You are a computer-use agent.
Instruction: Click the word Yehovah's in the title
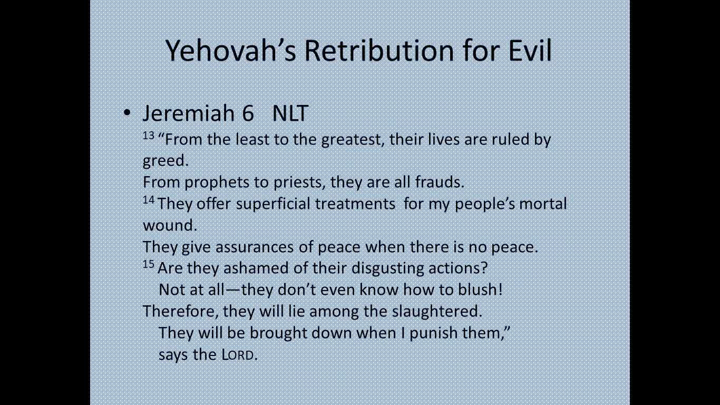pos(230,51)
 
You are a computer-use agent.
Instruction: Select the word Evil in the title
pos(530,50)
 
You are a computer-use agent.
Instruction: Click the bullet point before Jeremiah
pos(127,113)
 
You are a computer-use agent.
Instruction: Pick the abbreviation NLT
pos(290,113)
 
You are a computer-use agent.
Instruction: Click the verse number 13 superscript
pos(149,136)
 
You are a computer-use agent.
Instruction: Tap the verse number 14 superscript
pos(149,200)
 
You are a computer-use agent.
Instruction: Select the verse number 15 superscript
pos(149,264)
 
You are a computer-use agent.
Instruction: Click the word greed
pos(165,161)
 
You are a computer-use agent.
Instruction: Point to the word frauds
pos(440,182)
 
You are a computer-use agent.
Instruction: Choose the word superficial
pos(273,204)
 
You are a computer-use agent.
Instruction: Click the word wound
pos(170,225)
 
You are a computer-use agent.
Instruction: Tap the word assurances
pos(254,247)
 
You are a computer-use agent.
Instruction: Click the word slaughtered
pos(437,311)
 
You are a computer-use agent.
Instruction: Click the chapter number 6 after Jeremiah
pos(248,113)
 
